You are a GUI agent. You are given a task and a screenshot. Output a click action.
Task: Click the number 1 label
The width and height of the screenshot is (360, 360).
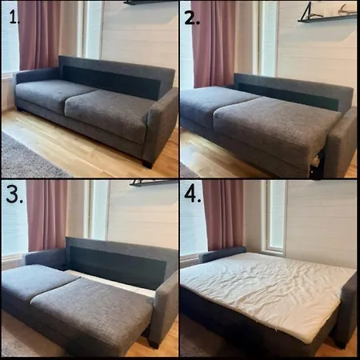[14, 18]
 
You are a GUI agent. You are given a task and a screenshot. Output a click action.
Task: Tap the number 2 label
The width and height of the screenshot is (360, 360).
[192, 18]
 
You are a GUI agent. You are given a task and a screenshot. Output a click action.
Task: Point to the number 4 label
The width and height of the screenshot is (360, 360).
[193, 194]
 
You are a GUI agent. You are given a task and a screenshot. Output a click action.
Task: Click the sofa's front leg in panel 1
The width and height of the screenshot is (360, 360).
[147, 164]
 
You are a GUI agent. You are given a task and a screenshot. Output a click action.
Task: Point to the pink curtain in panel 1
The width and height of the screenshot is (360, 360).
[40, 34]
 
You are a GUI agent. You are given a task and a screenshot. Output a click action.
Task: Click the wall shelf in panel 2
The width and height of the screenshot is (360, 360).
[327, 14]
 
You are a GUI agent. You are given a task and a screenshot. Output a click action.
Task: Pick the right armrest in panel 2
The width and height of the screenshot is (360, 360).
[343, 142]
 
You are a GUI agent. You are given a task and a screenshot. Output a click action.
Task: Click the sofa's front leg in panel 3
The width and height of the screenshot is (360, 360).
[153, 343]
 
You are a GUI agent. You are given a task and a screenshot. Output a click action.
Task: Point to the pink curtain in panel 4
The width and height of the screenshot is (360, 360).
[223, 215]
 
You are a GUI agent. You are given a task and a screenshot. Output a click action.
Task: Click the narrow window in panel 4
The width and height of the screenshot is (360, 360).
[274, 218]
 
